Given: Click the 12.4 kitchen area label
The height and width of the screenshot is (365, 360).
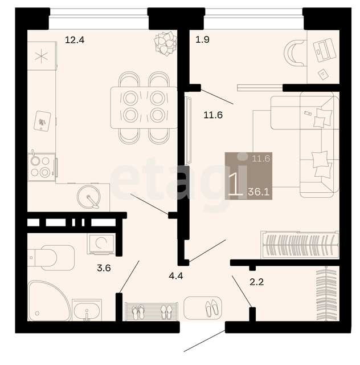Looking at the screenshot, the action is tap(75, 40).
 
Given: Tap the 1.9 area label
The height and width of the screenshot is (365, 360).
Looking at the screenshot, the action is tap(202, 39).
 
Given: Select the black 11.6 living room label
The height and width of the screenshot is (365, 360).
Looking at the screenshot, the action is tap(213, 115).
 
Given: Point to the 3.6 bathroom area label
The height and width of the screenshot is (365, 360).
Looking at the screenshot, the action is tap(104, 268).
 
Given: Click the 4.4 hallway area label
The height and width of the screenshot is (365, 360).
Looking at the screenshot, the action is tap(176, 276).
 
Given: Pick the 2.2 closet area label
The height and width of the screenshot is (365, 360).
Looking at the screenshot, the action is tap(256, 282).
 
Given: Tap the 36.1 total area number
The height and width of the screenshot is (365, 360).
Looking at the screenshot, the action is tap(259, 192).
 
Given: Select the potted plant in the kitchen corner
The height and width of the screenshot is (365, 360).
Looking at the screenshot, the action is tap(165, 43).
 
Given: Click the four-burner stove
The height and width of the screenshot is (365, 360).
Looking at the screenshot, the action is tap(42, 167).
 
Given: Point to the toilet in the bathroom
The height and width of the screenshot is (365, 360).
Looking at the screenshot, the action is tap(51, 258).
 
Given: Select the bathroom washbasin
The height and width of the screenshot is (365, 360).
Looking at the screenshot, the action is tap(87, 310).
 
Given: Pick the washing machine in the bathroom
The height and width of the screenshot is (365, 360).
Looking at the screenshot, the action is tap(101, 244).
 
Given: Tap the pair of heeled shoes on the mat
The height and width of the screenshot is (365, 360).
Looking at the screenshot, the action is tap(212, 308).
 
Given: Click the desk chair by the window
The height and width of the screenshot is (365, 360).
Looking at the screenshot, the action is tap(294, 53).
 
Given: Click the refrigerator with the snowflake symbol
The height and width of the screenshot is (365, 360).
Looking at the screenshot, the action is tap(42, 56).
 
